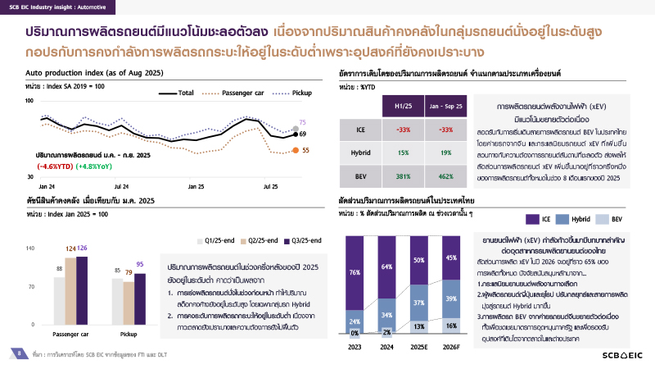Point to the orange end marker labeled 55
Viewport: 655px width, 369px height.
[x=296, y=150]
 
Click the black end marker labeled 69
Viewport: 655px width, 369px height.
[x=296, y=133]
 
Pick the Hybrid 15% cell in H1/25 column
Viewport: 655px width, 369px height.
[x=404, y=153]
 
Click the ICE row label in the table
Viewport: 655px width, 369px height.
[x=361, y=130]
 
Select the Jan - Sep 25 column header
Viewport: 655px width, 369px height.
[x=447, y=107]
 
